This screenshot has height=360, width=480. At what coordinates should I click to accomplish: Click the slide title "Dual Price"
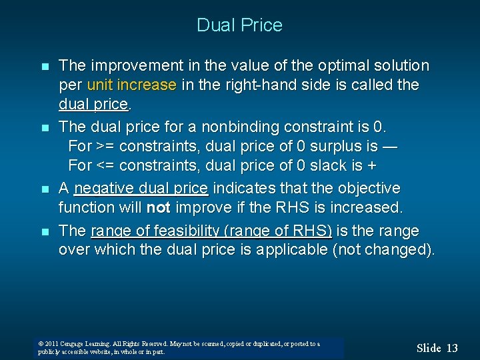pos(239,25)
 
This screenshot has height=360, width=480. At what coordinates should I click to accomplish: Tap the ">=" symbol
pos(104,145)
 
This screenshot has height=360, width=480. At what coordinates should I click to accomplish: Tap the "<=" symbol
pos(104,165)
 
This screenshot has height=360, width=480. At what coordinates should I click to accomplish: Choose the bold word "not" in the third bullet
pos(158,208)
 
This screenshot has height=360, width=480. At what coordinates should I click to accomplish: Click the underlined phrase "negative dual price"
pos(141,189)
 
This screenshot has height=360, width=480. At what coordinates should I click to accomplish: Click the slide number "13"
pos(451,348)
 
